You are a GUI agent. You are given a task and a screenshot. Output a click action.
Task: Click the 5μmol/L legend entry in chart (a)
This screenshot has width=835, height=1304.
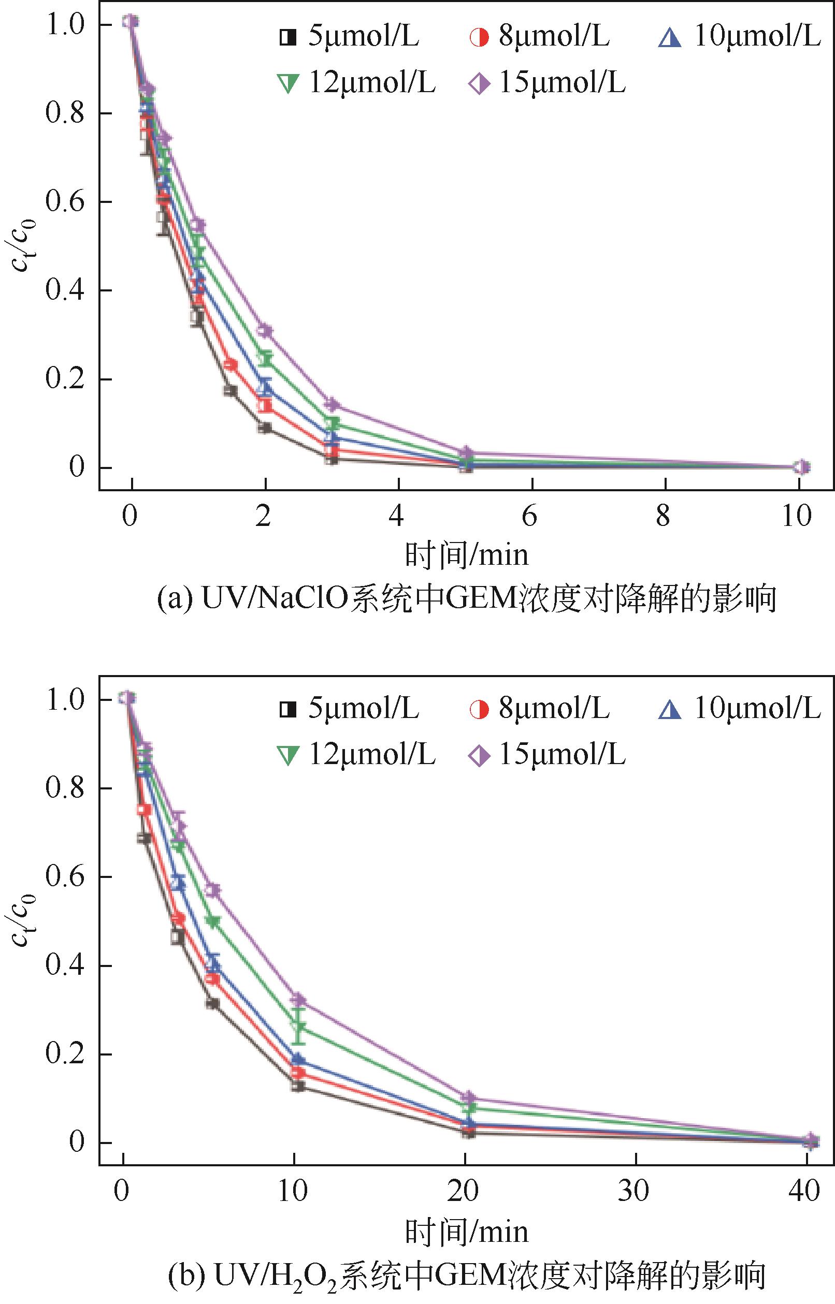pos(349,37)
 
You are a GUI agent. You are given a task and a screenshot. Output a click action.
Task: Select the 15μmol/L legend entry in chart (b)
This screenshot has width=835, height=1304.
pos(547,755)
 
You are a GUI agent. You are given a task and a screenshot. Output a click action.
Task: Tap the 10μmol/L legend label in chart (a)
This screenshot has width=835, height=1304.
pos(741,37)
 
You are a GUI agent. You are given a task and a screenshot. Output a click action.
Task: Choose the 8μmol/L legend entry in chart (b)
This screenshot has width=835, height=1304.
pos(540,709)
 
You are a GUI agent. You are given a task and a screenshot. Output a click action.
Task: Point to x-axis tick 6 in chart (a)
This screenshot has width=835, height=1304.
pos(530,516)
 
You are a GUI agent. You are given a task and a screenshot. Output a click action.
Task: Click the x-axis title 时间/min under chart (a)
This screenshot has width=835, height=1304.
pos(466,555)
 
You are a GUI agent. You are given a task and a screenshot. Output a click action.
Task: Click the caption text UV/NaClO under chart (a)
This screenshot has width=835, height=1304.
pos(273,599)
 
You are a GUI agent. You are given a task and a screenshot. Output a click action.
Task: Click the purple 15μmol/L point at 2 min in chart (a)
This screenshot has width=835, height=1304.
pos(265,330)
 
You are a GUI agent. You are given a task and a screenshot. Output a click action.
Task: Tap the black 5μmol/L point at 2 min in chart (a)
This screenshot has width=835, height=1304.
pos(265,428)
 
